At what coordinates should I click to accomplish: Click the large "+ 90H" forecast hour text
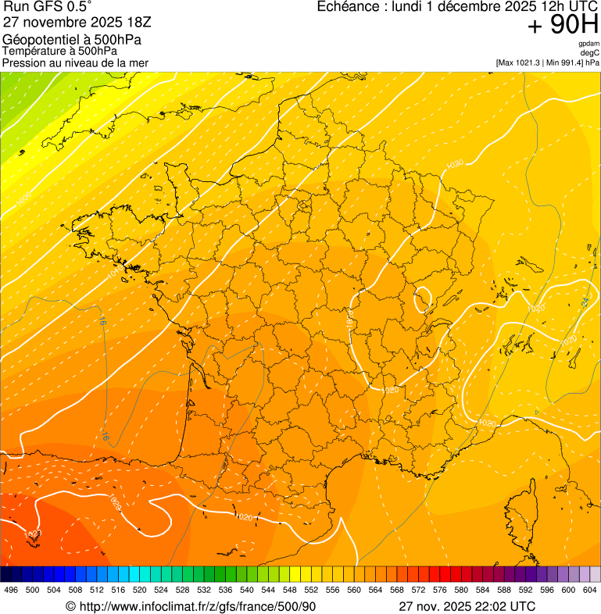pyautogui.click(x=563, y=26)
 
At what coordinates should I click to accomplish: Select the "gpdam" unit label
pyautogui.click(x=588, y=44)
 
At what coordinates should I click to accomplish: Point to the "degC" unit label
pyautogui.click(x=589, y=53)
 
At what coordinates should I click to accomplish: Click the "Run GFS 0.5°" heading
pyautogui.click(x=48, y=7)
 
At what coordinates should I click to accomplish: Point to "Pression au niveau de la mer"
pyautogui.click(x=76, y=62)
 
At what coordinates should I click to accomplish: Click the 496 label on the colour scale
pyautogui.click(x=11, y=590)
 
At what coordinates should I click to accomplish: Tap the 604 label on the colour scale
pyautogui.click(x=590, y=590)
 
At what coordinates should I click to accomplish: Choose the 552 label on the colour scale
pyautogui.click(x=311, y=590)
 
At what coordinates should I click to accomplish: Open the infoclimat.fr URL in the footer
pyautogui.click(x=191, y=606)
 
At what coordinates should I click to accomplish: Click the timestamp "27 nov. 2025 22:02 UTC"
pyautogui.click(x=467, y=606)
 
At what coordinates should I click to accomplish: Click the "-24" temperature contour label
pyautogui.click(x=584, y=302)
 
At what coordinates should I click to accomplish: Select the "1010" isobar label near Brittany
pyautogui.click(x=114, y=273)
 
